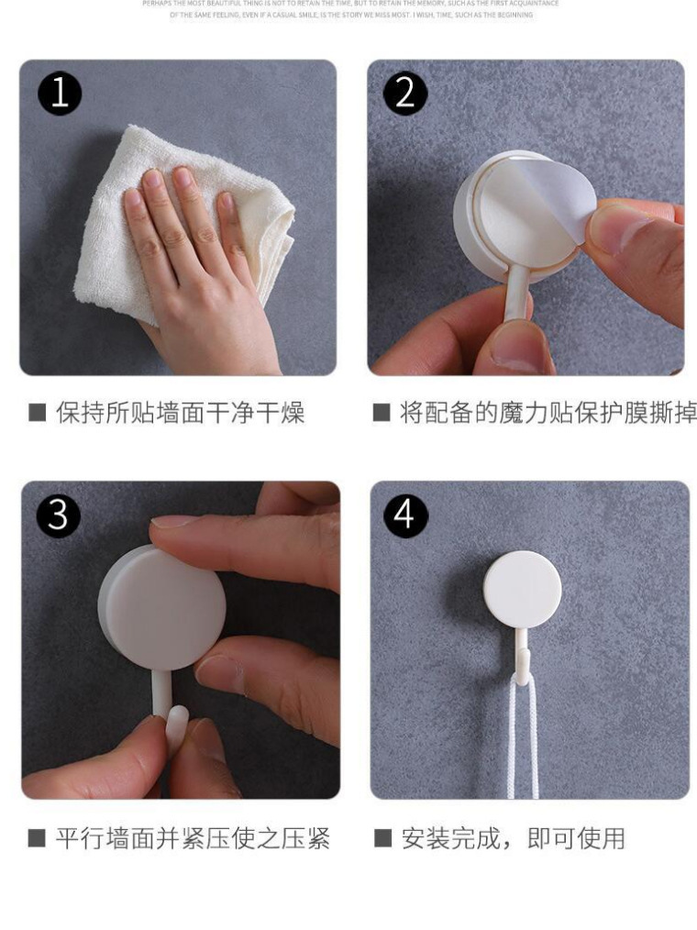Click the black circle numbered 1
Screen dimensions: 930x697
(x=60, y=94)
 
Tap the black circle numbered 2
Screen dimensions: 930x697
(x=405, y=94)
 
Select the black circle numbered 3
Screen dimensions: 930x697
(x=58, y=515)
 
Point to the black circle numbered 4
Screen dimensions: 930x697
(x=404, y=515)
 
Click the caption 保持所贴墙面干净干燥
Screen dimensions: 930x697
(x=180, y=413)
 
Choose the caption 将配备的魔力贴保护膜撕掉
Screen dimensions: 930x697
(x=547, y=413)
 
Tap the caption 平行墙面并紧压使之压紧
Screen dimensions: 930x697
(x=192, y=838)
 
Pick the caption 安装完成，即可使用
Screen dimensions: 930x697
(x=513, y=838)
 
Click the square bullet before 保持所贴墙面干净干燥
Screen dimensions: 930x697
(x=37, y=413)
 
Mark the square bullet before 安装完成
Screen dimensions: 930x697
(x=382, y=838)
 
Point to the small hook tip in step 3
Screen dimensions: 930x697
(x=178, y=721)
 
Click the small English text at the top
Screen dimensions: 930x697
(x=348, y=9)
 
